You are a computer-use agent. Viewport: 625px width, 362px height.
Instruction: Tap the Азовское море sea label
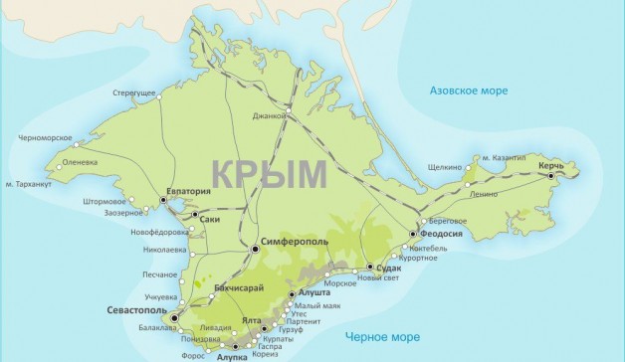(x=467, y=90)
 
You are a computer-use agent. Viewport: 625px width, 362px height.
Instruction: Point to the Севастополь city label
(x=136, y=311)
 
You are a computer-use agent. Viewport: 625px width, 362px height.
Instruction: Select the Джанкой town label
(x=268, y=115)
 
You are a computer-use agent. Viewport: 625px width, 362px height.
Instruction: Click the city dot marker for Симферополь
(x=255, y=249)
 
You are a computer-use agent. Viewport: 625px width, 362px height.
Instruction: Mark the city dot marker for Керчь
(x=550, y=176)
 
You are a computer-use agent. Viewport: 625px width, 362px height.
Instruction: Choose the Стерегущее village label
(x=134, y=92)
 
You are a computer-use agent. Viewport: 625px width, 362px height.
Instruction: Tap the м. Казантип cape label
(x=504, y=157)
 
